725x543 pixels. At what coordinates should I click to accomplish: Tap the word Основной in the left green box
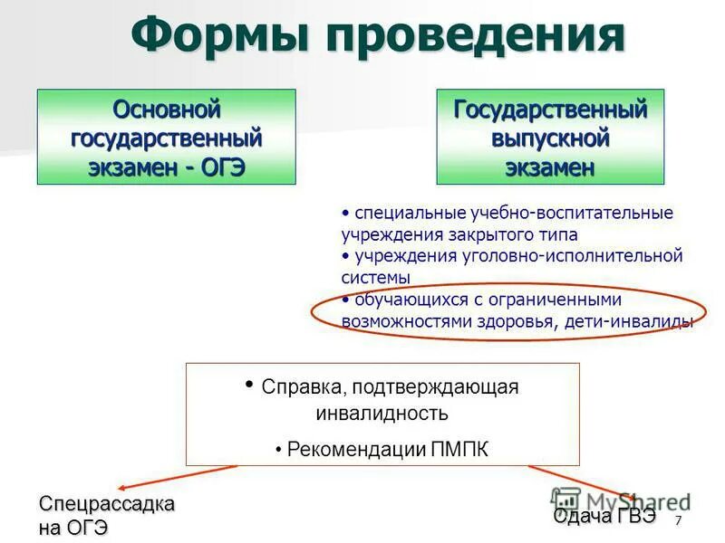pyautogui.click(x=167, y=110)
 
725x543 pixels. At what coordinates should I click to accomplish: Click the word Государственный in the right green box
pyautogui.click(x=550, y=110)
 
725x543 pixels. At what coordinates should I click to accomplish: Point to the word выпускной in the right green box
pyautogui.click(x=550, y=138)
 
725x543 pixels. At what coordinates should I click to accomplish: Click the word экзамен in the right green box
pyautogui.click(x=550, y=167)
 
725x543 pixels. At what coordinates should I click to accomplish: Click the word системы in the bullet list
pyautogui.click(x=376, y=277)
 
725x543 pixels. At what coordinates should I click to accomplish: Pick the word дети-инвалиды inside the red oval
pyautogui.click(x=641, y=321)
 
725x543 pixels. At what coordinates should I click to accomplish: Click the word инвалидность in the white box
pyautogui.click(x=382, y=414)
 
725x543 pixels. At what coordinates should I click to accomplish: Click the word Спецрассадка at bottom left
pyautogui.click(x=106, y=504)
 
